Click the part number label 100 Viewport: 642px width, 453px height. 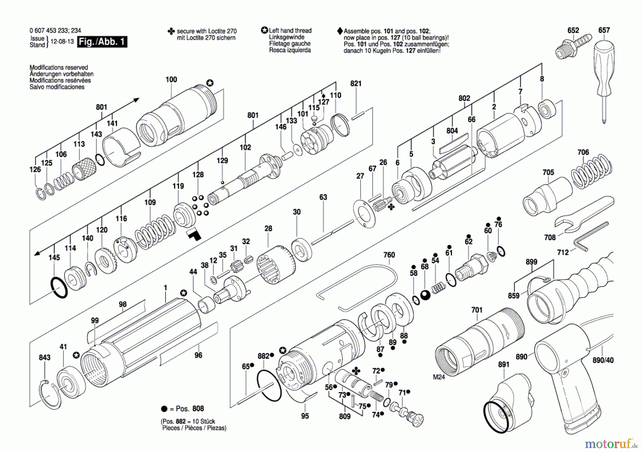pyautogui.click(x=171, y=79)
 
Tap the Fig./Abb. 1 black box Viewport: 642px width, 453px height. pyautogui.click(x=102, y=42)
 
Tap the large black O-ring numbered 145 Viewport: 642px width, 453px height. pyautogui.click(x=59, y=288)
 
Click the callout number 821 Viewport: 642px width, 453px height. pyautogui.click(x=356, y=83)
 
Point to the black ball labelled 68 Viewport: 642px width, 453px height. pyautogui.click(x=425, y=295)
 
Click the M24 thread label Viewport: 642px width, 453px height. pyautogui.click(x=439, y=377)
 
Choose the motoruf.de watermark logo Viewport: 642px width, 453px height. pyautogui.click(x=611, y=444)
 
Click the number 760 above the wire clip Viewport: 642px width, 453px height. pyautogui.click(x=389, y=255)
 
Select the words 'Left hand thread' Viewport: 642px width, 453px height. pyautogui.click(x=290, y=31)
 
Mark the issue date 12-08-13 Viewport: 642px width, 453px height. pyautogui.click(x=62, y=41)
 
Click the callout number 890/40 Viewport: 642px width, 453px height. pyautogui.click(x=603, y=360)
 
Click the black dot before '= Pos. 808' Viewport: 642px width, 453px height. pyautogui.click(x=164, y=409)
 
